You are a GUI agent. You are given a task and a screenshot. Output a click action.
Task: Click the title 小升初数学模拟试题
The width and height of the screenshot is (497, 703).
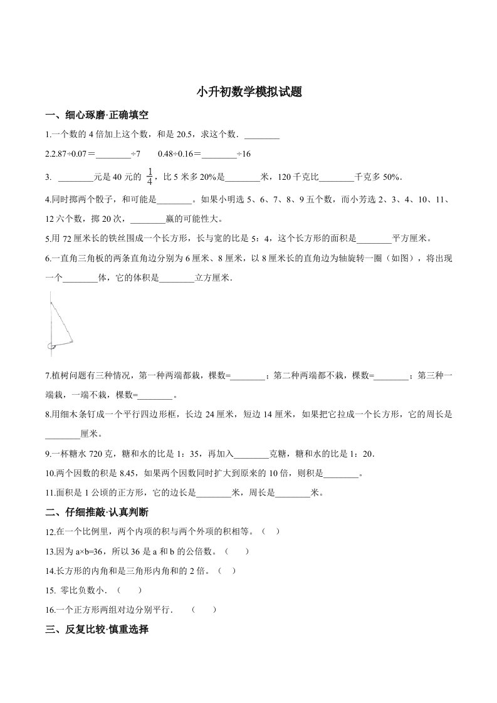coord(249,93)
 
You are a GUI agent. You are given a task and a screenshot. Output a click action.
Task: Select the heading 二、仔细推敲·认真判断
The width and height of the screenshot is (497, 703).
coord(97,513)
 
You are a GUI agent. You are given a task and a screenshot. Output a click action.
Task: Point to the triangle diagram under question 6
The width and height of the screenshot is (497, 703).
coord(60,323)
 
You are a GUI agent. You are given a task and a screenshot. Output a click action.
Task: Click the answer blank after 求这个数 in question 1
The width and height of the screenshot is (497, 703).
coord(261,135)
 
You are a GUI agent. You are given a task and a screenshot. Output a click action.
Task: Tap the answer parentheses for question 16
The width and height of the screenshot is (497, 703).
coord(204,609)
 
